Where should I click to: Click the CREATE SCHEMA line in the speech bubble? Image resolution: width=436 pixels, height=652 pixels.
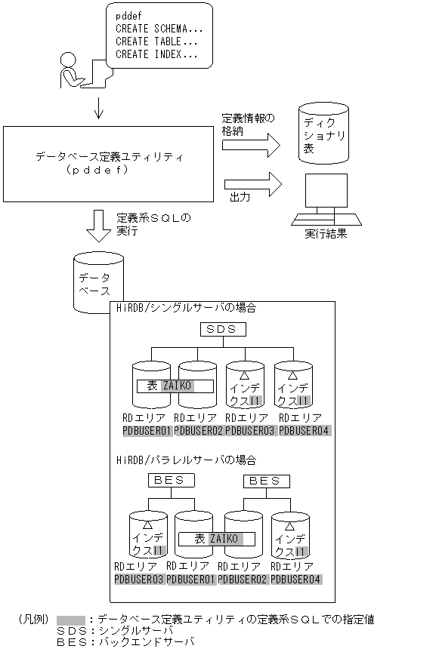tap(157, 29)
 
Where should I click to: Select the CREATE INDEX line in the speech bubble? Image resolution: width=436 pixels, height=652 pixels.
tap(157, 54)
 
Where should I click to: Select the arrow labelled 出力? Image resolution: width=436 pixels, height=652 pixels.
tap(252, 184)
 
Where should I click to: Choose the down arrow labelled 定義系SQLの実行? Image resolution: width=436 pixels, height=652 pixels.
tap(98, 225)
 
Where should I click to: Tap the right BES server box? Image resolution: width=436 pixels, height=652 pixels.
tap(264, 480)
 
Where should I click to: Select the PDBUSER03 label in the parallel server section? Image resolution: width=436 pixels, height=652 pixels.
tap(138, 579)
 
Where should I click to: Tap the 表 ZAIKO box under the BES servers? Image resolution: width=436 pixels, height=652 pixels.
tap(216, 539)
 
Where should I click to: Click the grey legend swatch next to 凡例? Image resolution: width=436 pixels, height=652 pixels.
tap(70, 619)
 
